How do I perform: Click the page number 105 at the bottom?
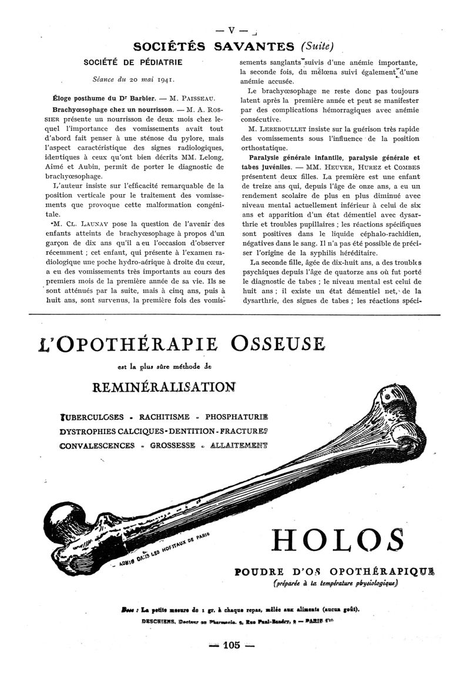click(232, 645)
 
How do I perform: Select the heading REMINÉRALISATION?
click(164, 386)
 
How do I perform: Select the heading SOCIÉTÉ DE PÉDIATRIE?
click(133, 62)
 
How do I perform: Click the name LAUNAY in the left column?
click(86, 223)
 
